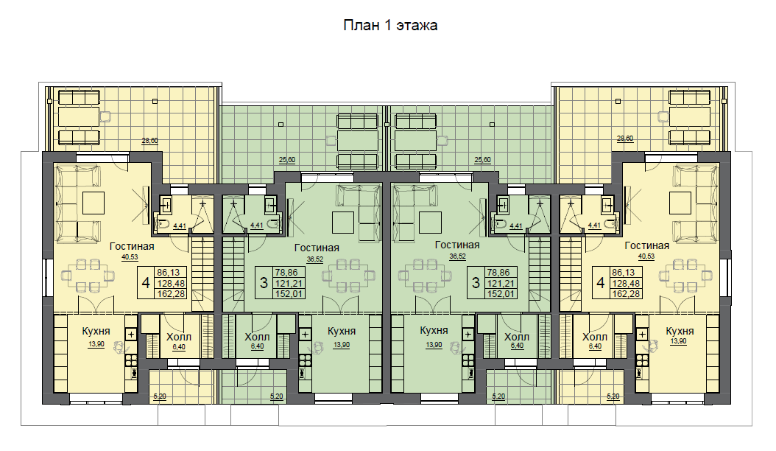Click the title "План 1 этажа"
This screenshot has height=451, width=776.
coord(390,25)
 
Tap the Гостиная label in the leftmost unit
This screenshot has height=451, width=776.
coord(132,246)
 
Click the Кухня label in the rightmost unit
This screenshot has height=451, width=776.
coord(680,331)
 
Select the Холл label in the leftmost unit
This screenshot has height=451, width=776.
coord(179,338)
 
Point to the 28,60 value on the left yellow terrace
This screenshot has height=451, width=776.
coord(150,141)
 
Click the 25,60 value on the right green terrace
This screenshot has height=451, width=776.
coord(482,160)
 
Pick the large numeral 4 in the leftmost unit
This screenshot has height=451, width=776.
coord(146,283)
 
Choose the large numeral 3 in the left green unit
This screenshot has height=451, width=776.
coord(264,283)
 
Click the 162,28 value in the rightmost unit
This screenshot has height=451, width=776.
coord(626,294)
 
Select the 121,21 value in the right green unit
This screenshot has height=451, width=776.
coord(501,284)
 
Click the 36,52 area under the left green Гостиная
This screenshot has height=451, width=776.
coord(315,259)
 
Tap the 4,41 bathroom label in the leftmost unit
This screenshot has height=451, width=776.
coord(180,226)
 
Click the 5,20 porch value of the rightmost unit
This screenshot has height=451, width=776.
coord(613,396)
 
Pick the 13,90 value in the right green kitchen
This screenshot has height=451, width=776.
coord(434,345)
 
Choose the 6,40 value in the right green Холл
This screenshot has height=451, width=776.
coord(517,346)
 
